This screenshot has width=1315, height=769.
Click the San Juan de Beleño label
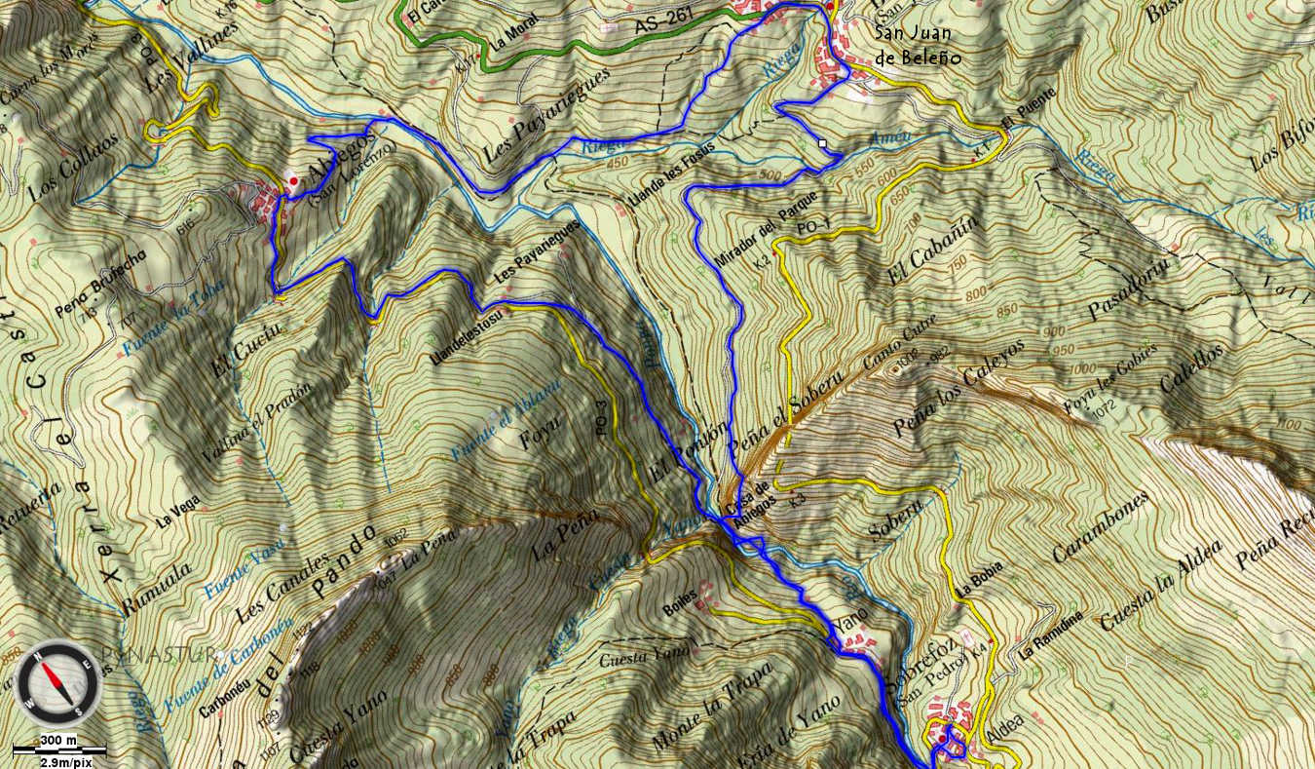(918, 46)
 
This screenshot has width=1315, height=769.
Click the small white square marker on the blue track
(822, 143)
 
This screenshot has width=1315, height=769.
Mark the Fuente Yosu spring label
(243, 566)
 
